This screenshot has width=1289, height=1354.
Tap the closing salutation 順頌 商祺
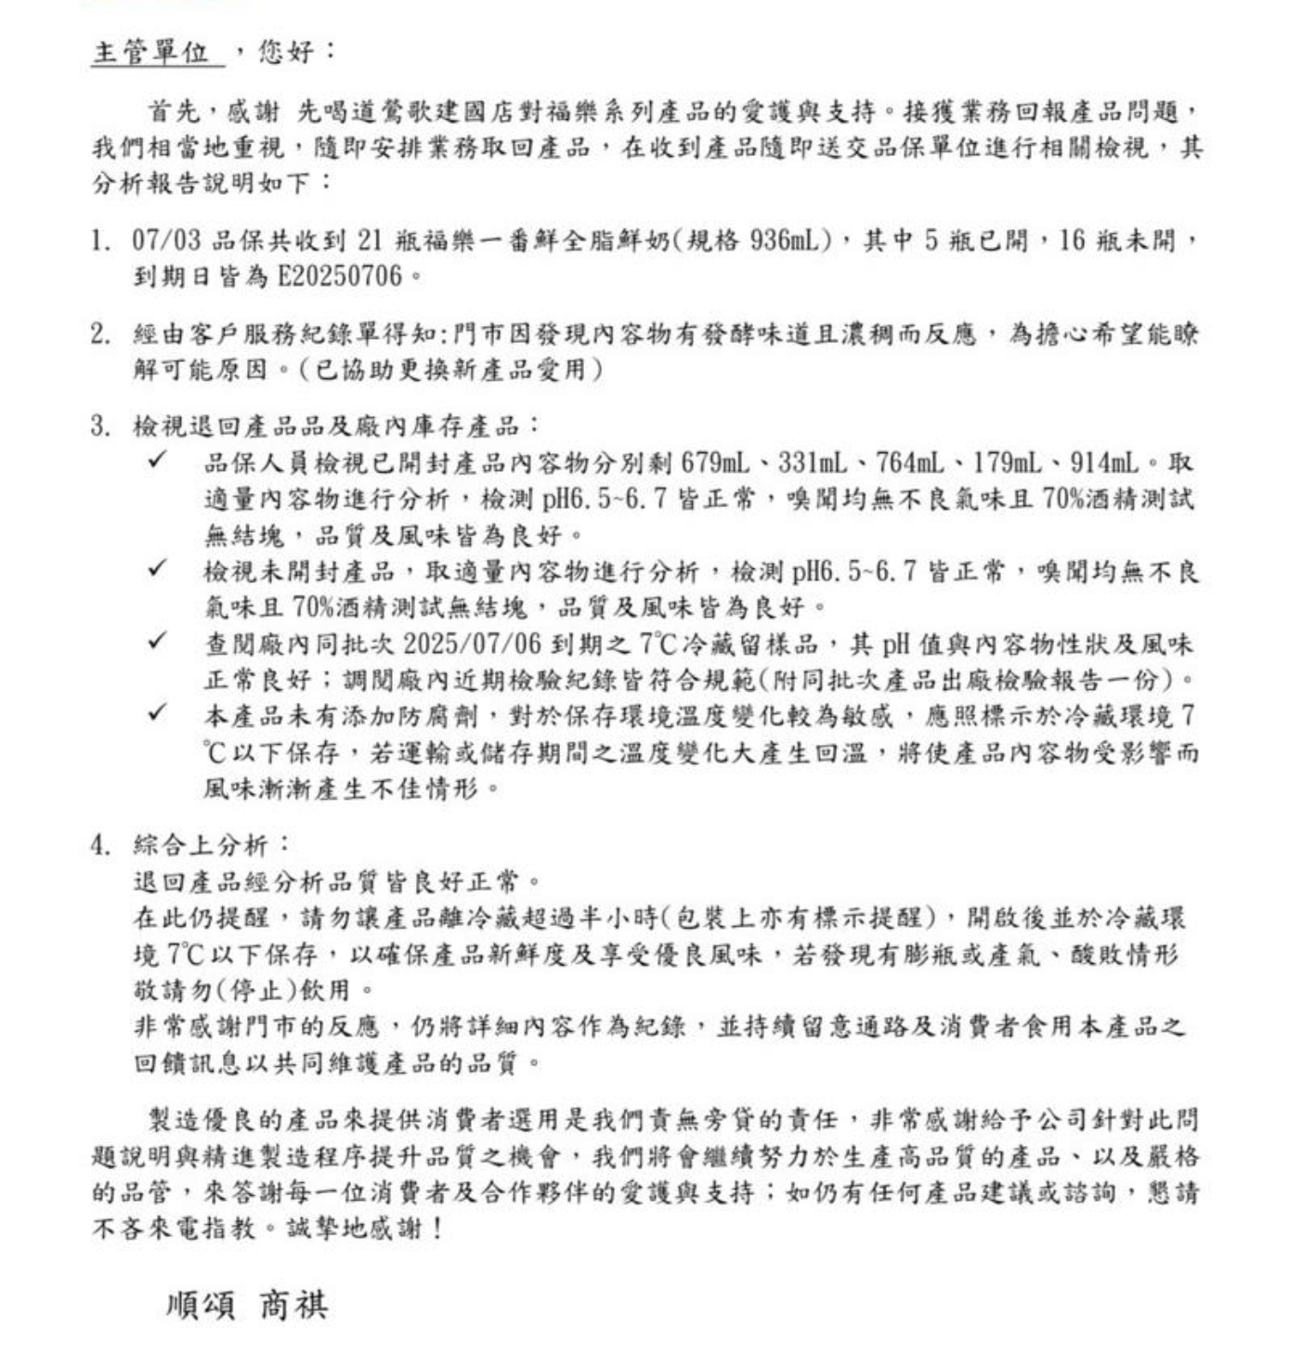[246, 1305]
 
